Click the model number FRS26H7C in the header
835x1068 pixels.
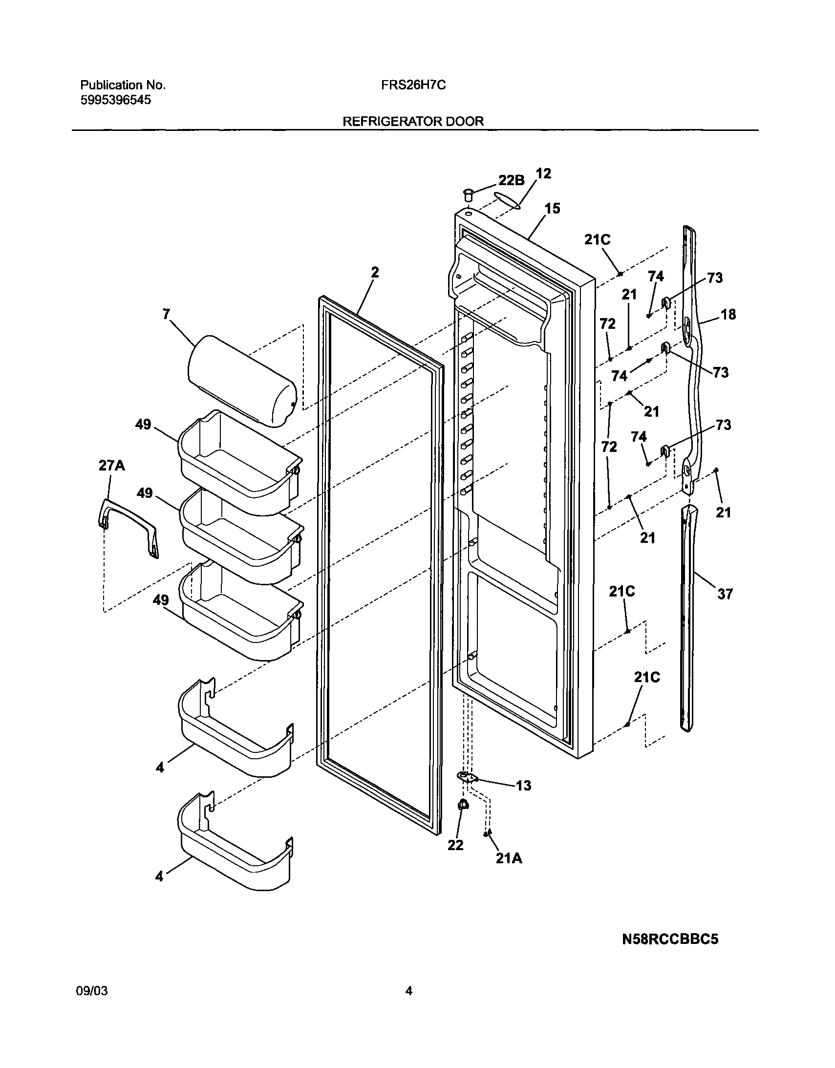[413, 85]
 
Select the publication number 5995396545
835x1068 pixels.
[115, 100]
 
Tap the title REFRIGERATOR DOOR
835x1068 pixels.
[413, 121]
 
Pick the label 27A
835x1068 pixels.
[111, 466]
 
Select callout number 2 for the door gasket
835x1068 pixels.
[375, 273]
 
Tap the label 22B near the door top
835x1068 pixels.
[511, 180]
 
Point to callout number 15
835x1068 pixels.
[552, 209]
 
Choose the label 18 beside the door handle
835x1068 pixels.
[728, 315]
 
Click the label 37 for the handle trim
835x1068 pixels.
[725, 594]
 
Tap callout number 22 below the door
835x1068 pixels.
[455, 845]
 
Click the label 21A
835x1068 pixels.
[509, 858]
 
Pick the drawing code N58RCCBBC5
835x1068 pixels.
[670, 940]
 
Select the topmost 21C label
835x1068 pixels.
[597, 239]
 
